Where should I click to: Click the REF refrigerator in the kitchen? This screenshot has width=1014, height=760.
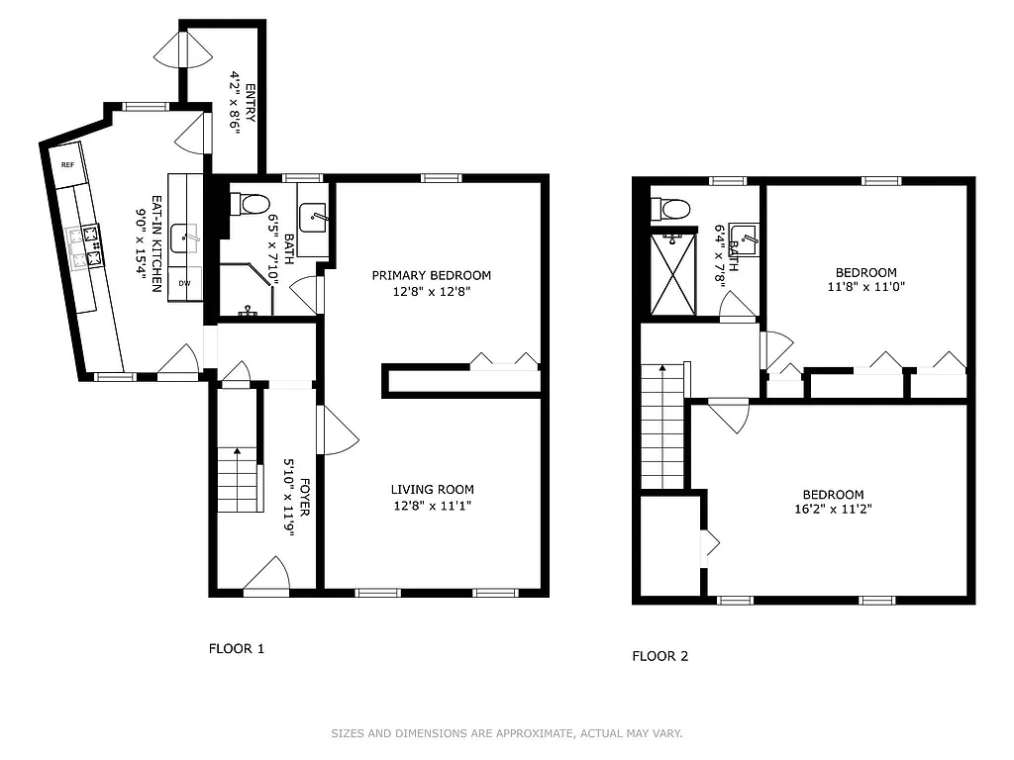[x=69, y=165]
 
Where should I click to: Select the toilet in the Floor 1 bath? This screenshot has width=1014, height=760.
[x=250, y=204]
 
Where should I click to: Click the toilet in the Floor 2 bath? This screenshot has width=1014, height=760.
[x=671, y=209]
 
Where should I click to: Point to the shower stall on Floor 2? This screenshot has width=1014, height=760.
[x=673, y=271]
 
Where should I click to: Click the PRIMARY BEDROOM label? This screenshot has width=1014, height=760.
[x=432, y=275]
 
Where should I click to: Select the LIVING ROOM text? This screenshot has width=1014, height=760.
[x=432, y=489]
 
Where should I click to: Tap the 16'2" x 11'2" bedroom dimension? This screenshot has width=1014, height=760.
[x=833, y=510]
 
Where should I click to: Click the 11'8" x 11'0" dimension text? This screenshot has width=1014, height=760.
[x=865, y=287]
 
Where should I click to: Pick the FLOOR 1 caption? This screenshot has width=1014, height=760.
[x=236, y=649]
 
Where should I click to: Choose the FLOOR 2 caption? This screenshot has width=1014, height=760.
[x=659, y=655]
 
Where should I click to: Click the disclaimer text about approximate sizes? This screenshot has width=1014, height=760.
[x=506, y=733]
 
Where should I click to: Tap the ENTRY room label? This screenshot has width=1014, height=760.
[x=250, y=102]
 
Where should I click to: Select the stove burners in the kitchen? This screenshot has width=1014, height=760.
[x=84, y=246]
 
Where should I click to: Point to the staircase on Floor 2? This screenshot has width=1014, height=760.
[x=662, y=426]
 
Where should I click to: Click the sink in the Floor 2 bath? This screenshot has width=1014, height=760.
[x=744, y=237]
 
